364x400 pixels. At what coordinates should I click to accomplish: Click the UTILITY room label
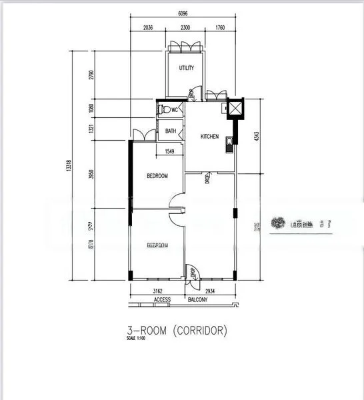click(186, 69)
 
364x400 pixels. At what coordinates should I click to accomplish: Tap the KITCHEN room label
click(210, 137)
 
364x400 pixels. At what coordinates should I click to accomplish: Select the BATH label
click(171, 131)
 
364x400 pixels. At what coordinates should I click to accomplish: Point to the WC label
click(175, 110)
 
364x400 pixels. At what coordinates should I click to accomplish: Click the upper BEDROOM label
click(157, 176)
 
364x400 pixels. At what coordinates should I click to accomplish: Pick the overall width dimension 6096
click(182, 13)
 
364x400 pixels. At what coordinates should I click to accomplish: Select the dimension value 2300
click(186, 27)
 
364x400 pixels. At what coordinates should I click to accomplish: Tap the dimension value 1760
click(220, 27)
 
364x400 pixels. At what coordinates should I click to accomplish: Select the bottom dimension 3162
click(159, 292)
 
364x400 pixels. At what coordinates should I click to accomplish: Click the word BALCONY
click(197, 300)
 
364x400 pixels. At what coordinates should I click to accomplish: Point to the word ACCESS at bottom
click(163, 300)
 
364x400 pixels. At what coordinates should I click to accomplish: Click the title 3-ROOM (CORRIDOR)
click(177, 329)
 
